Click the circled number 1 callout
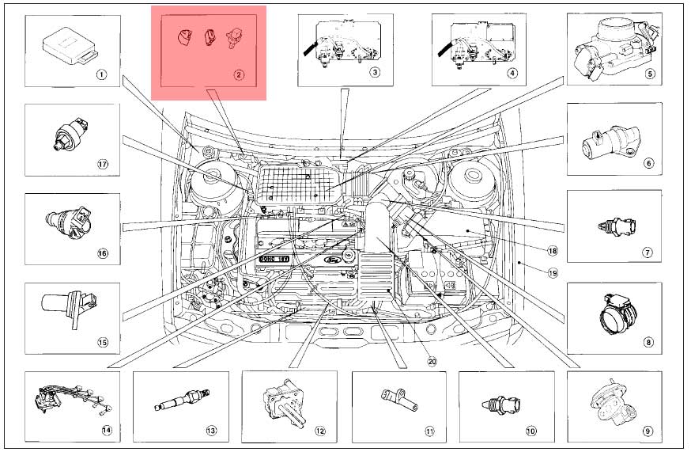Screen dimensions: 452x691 100,75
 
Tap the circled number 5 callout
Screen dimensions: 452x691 650,75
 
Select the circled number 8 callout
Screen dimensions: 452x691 648,343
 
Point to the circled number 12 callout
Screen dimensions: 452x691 320,431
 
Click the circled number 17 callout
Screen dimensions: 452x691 101,165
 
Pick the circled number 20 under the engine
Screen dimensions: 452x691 432,361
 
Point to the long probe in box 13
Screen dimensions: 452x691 178,402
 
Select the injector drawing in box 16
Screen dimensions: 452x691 70,220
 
